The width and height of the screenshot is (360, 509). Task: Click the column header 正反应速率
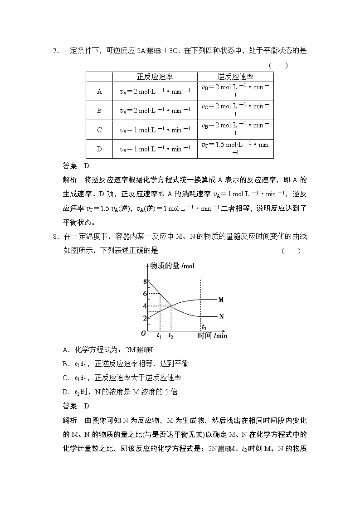pos(155,77)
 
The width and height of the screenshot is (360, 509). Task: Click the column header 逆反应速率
pos(235,77)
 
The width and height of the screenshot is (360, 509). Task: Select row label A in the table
pos(99,92)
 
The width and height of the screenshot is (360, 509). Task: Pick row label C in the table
pos(99,130)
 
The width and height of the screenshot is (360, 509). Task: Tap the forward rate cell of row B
pos(155,111)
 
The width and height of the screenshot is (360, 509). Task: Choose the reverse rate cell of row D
pos(235,148)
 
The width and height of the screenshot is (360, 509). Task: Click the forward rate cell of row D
pos(155,149)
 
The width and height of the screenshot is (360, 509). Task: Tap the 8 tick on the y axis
pos(145,281)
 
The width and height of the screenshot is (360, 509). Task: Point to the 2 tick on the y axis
pos(145,319)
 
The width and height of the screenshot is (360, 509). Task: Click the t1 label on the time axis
pos(159,336)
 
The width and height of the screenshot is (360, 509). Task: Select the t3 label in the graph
pos(204,328)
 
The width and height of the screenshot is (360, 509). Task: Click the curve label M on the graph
pos(221,300)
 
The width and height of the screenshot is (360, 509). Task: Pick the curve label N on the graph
pos(221,316)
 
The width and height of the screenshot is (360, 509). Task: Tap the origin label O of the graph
pos(143,334)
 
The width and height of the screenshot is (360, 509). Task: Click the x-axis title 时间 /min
pos(212,335)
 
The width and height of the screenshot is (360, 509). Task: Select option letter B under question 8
pos(65,364)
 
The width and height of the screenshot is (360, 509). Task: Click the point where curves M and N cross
pos(171,306)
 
